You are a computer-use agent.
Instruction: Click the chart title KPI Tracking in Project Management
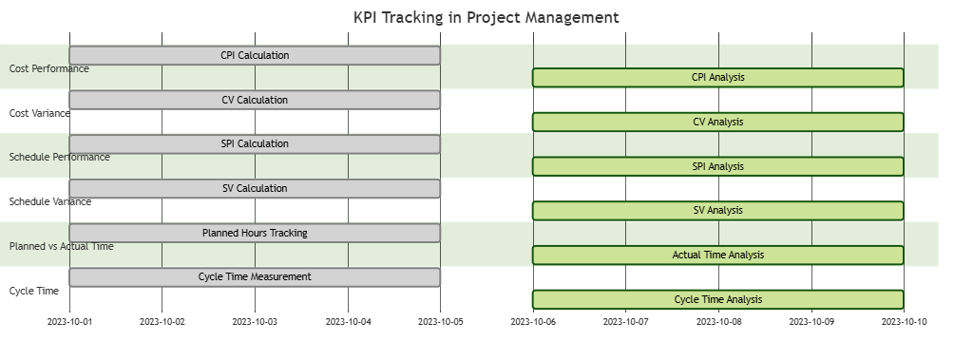(x=486, y=17)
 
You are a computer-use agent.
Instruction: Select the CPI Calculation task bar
(x=255, y=55)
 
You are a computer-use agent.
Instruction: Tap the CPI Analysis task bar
(x=717, y=78)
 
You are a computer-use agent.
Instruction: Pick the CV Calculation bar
(x=255, y=100)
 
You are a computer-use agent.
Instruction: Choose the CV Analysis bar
(x=717, y=122)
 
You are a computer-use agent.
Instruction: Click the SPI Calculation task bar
(x=255, y=144)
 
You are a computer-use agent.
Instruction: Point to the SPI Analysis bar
(x=717, y=166)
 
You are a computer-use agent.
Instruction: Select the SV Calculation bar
(x=255, y=188)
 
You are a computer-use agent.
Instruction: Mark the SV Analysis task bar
(x=717, y=211)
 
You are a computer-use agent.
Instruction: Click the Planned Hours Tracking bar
(x=255, y=233)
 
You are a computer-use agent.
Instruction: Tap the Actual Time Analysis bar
(x=717, y=255)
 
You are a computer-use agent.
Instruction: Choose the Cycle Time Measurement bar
(x=255, y=277)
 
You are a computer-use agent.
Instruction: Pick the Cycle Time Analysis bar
(x=717, y=299)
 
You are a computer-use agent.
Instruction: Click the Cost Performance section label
(x=49, y=68)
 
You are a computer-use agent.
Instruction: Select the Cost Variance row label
(x=40, y=113)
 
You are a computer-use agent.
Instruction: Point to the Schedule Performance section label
(x=59, y=157)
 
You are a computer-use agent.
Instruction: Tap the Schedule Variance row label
(x=50, y=201)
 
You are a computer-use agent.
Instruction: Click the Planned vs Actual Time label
(x=61, y=246)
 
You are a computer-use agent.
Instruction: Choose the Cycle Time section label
(x=34, y=291)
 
